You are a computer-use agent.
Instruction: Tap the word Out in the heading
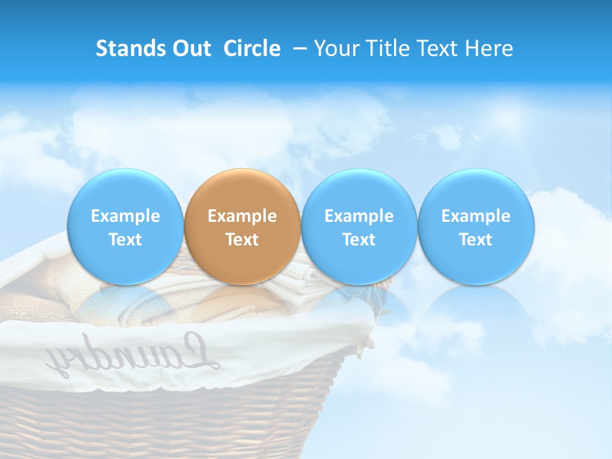coord(191,48)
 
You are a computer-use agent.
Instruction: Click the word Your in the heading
coord(334,48)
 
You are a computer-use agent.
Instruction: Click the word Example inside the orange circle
coord(242,216)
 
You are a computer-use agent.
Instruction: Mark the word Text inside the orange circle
coord(242,240)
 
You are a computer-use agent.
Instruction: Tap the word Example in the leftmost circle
coord(126,216)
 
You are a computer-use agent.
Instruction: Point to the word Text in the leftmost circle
coord(126,240)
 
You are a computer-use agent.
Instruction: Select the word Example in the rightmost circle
coord(476,216)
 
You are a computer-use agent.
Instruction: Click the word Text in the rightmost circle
coord(476,240)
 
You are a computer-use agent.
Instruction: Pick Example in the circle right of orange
coord(359,216)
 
